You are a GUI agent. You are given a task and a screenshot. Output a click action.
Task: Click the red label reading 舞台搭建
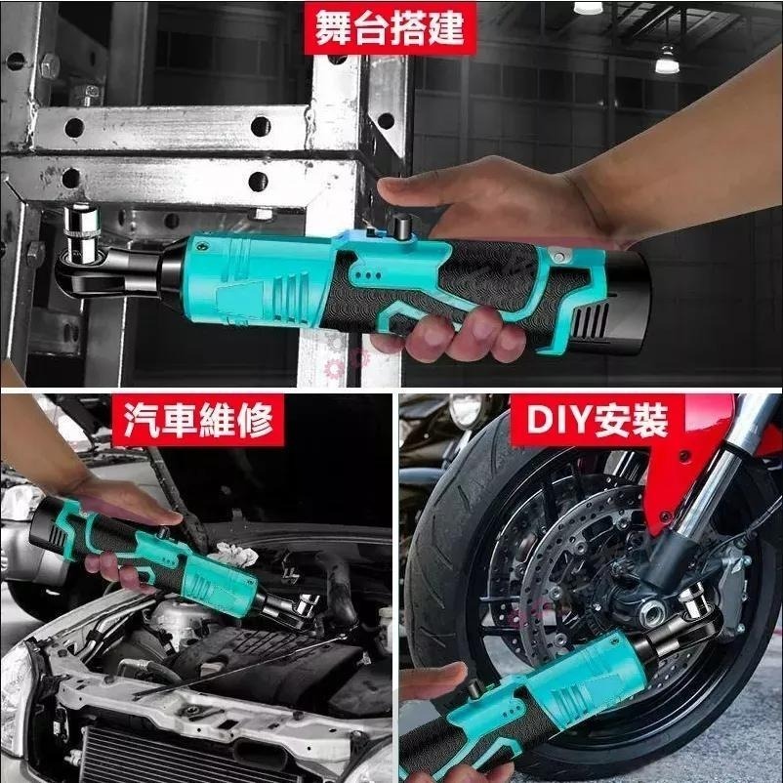(390, 29)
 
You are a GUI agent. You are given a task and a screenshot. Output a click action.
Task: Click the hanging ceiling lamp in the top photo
(667, 61)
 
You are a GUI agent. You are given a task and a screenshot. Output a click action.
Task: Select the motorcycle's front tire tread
(439, 547)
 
